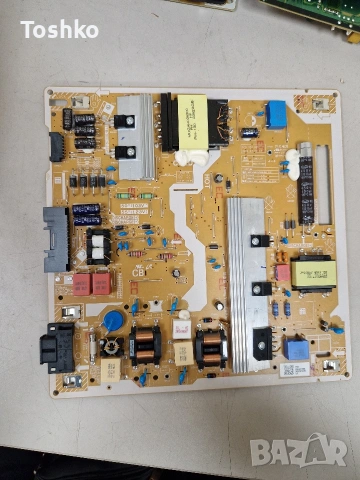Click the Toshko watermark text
coord(60,29)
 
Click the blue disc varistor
coord(114,320)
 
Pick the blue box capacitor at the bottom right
coord(296,349)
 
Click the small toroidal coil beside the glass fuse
coord(112,347)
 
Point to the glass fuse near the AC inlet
coord(93,349)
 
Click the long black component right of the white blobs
coord(306,188)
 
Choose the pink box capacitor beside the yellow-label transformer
coord(282,272)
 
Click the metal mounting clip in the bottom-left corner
coord(70,381)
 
